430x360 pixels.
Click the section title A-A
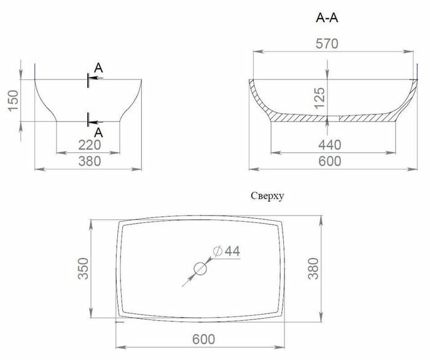[327, 18]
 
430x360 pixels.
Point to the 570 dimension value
[327, 44]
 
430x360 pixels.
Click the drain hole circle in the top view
[200, 268]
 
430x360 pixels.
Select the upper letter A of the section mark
[98, 68]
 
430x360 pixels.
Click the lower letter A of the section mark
[98, 133]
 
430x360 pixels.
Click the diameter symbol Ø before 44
[217, 251]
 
